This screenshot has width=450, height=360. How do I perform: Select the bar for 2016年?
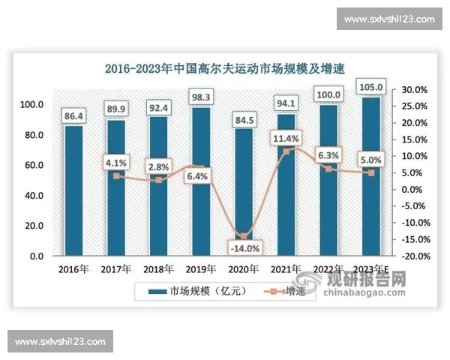[x=75, y=190]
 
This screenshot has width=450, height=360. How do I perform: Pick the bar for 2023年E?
[x=372, y=177]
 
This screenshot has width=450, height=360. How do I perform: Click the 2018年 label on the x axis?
[x=159, y=269]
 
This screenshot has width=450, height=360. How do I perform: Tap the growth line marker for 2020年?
[x=244, y=236]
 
